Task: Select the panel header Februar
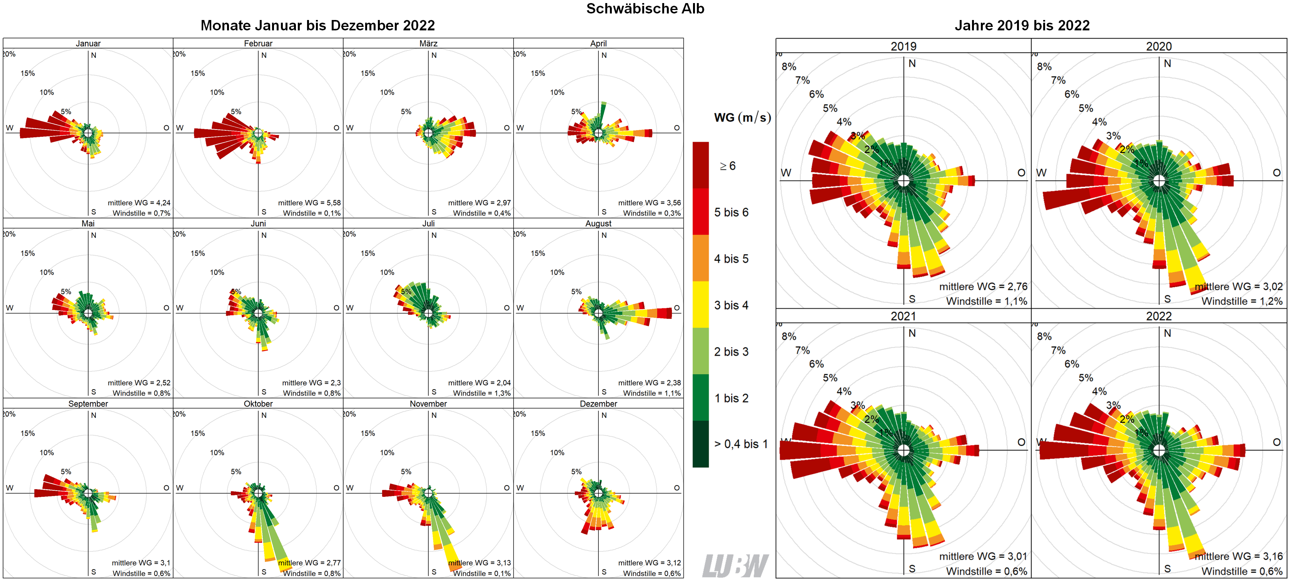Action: pos(258,43)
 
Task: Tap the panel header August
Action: pos(598,223)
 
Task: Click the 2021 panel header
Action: pos(903,316)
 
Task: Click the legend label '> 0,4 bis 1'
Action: pos(740,444)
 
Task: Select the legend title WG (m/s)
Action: pos(742,118)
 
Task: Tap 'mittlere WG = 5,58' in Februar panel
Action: pos(309,203)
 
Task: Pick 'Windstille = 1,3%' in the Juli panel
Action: pos(482,393)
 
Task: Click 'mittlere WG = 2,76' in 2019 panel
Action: pos(983,286)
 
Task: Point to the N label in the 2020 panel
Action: pos(1167,63)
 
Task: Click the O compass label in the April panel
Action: pos(676,128)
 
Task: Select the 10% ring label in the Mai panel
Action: pos(47,273)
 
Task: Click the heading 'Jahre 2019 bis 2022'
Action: pos(1022,25)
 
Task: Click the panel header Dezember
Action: pos(598,404)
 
